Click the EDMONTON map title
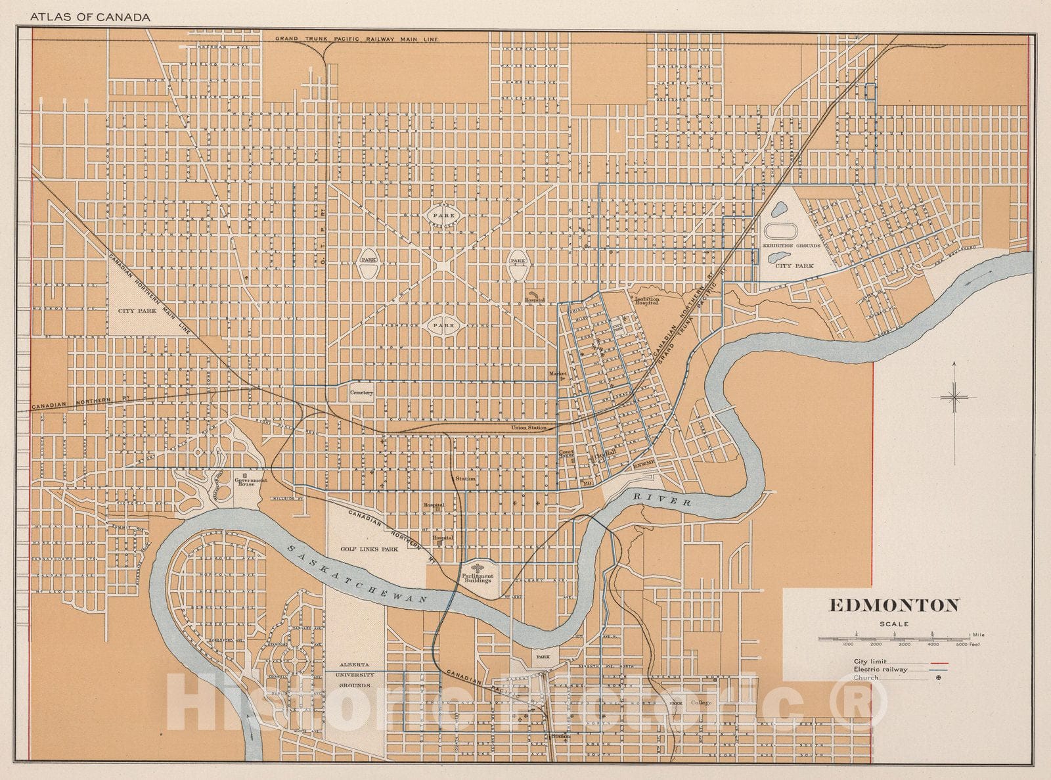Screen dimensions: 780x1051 click(x=894, y=605)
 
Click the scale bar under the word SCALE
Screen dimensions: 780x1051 click(x=893, y=637)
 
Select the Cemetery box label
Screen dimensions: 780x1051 click(x=361, y=393)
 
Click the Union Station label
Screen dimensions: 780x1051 click(x=529, y=428)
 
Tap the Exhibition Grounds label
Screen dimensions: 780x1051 click(x=791, y=245)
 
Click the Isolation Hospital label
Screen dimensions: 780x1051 click(x=647, y=301)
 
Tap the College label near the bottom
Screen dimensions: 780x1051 click(x=701, y=702)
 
